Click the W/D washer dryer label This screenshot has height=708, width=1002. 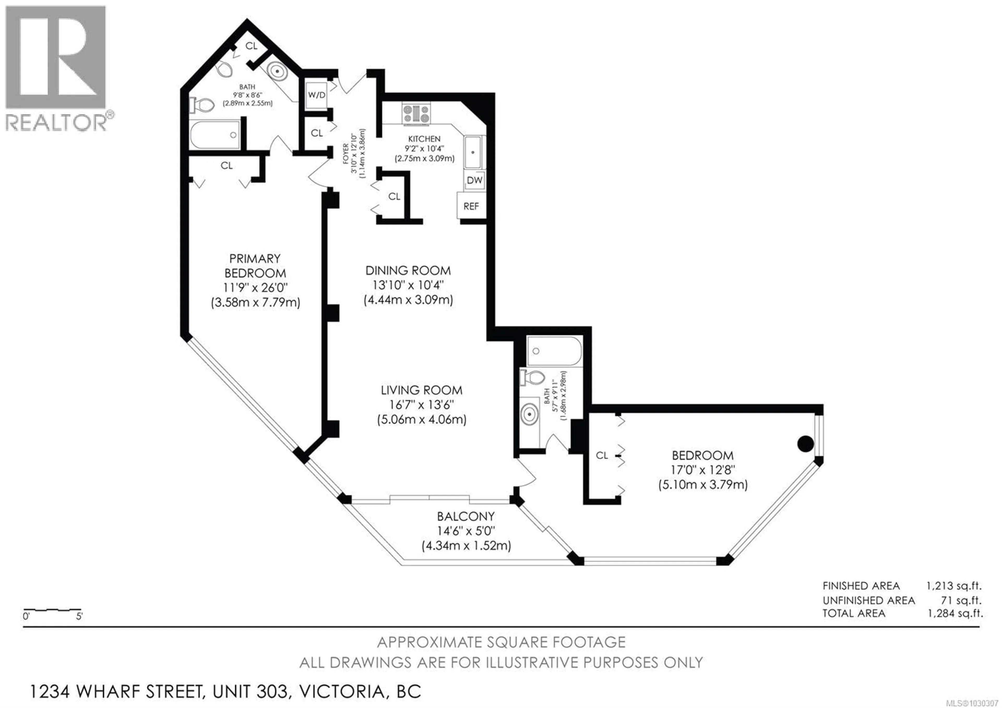317,95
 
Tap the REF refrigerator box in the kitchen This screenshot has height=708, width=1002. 471,206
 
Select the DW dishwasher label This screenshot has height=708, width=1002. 474,180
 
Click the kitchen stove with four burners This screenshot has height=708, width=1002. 416,114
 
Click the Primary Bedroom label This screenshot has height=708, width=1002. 255,266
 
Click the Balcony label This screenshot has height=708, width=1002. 466,516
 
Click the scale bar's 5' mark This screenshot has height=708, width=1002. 79,616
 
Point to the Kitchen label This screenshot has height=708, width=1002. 424,139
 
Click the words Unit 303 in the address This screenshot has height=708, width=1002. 250,691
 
